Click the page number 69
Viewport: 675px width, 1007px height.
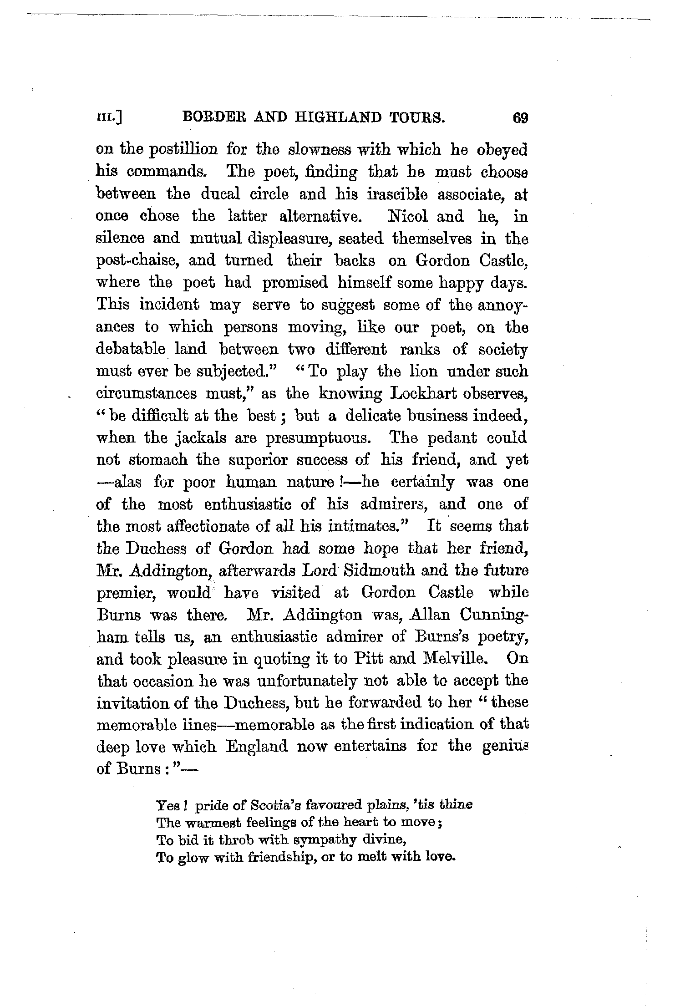click(520, 118)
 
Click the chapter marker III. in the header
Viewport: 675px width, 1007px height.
click(108, 119)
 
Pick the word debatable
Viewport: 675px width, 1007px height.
click(130, 350)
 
